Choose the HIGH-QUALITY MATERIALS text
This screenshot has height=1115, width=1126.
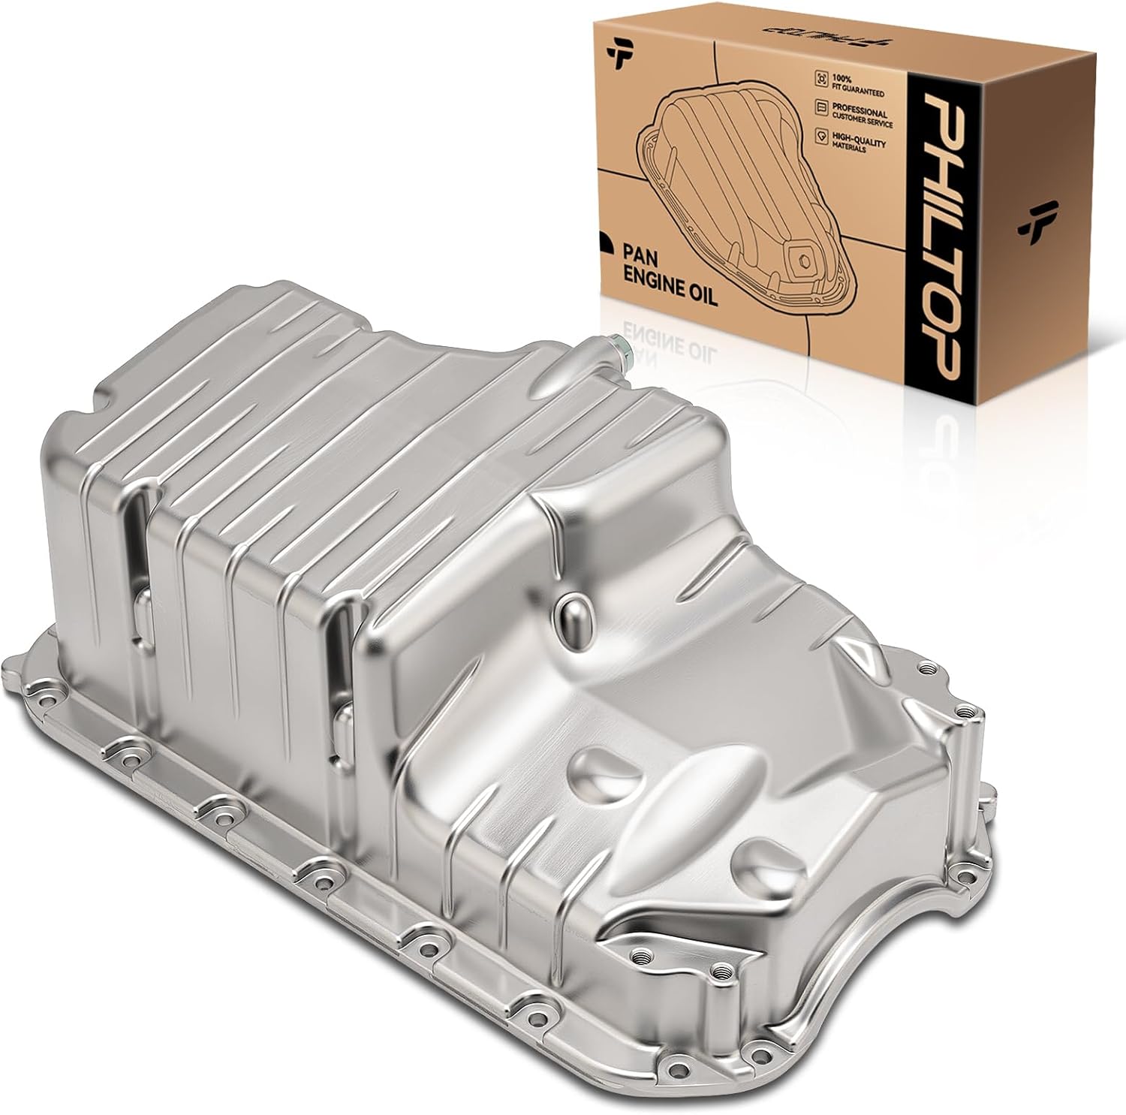[858, 143]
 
